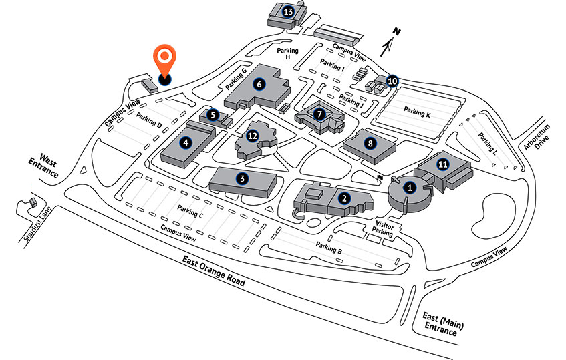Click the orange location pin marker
164,61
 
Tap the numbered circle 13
289,11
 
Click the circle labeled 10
392,81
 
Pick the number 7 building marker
320,114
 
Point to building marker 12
253,136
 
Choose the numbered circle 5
213,115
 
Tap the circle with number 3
243,178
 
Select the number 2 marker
343,198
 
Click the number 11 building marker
442,163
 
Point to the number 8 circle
369,142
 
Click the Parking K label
417,114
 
